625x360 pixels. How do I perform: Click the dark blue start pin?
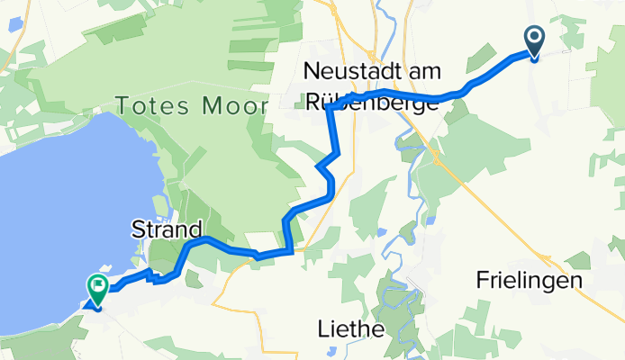533,41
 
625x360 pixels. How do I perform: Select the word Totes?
149,106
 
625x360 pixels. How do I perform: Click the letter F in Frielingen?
481,281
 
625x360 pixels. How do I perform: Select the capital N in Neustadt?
312,70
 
